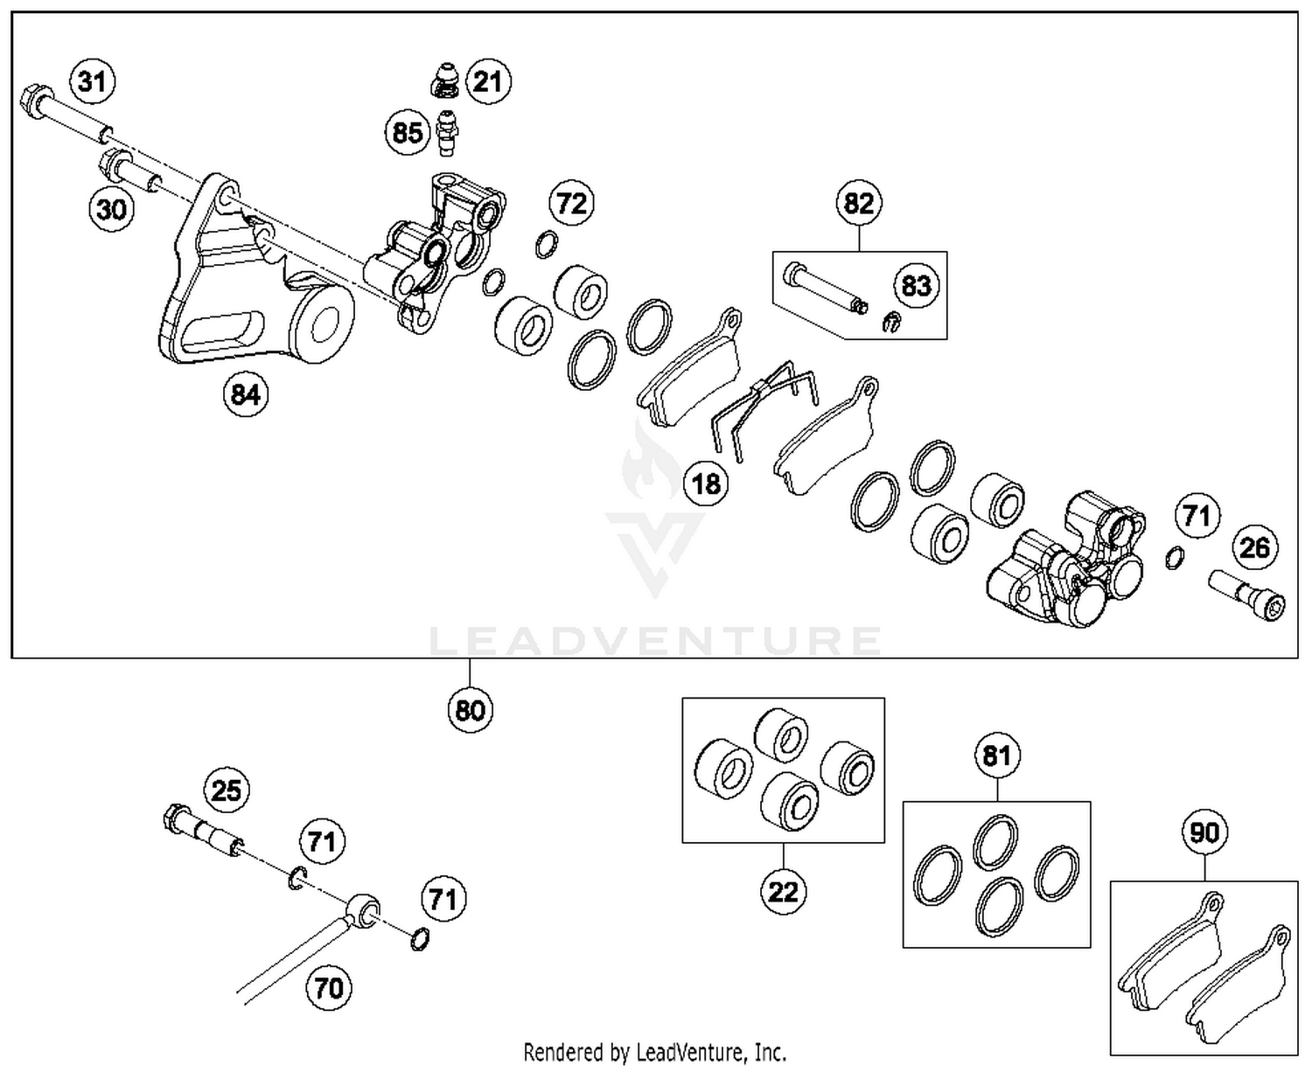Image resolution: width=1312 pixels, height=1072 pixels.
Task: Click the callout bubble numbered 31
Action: pos(92,81)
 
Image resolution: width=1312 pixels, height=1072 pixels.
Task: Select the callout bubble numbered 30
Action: pos(111,209)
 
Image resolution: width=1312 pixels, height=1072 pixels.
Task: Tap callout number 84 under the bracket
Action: pos(245,394)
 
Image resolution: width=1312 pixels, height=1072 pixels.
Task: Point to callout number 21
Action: pos(487,81)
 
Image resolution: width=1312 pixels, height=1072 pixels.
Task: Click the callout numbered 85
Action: pos(408,133)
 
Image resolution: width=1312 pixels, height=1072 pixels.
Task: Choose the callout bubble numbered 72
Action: pos(571,203)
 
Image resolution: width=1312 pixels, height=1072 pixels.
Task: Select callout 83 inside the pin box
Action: pos(916,285)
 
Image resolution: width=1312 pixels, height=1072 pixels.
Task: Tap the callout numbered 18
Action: pos(706,483)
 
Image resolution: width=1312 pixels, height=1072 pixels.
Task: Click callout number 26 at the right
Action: pos(1254,547)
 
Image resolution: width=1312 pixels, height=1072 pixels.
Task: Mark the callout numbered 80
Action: pos(470,709)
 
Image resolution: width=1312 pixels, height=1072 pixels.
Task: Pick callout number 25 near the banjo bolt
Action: pos(227,790)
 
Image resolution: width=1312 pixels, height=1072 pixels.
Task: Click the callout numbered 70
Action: pos(329,988)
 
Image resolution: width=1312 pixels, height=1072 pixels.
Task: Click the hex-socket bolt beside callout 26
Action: pos(1247,595)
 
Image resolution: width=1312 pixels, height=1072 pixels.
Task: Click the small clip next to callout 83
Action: pos(890,322)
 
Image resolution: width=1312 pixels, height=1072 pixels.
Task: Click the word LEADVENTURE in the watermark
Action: pos(655,641)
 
